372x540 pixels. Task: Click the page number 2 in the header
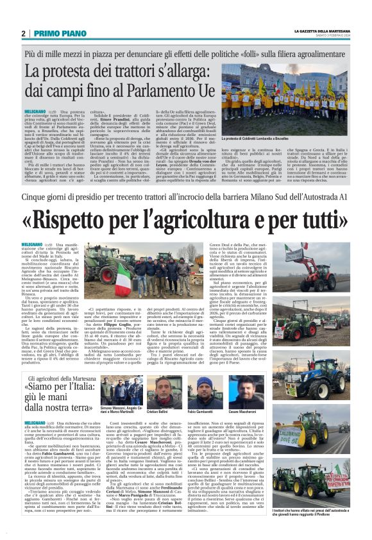click(23, 33)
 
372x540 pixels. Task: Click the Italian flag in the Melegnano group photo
click(123, 283)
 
